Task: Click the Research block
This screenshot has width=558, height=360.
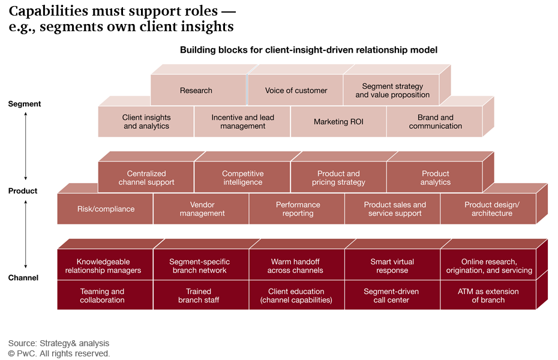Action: point(196,91)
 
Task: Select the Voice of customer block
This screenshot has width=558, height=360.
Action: point(296,91)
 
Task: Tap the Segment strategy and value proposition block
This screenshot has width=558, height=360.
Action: point(392,91)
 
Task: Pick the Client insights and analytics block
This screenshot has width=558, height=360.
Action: point(146,122)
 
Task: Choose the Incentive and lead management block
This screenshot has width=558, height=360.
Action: point(242,122)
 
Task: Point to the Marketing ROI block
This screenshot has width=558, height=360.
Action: point(338,122)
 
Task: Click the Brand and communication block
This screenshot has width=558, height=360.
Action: point(435,122)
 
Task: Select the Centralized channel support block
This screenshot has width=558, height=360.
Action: point(146,178)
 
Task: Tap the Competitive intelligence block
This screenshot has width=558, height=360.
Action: point(242,178)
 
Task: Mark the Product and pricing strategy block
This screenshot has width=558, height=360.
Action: point(338,178)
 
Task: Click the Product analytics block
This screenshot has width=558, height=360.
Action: point(435,178)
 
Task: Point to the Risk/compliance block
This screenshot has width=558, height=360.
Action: point(106,209)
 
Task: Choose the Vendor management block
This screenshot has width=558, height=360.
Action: point(202,209)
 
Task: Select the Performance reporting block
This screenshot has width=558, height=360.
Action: point(298,209)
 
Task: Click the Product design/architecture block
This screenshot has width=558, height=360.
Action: point(491,209)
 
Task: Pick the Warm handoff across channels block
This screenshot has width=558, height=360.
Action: point(296,266)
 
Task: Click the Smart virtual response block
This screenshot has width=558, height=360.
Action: point(392,266)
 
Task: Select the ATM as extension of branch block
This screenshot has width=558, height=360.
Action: point(488,296)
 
